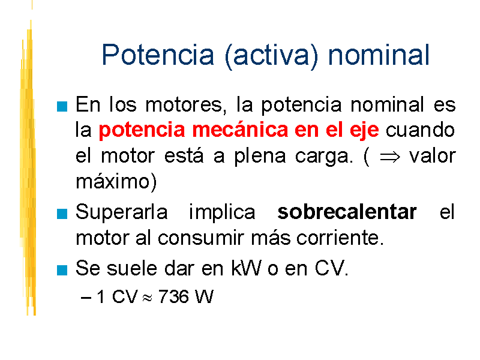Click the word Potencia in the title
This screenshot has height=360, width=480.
pyautogui.click(x=158, y=55)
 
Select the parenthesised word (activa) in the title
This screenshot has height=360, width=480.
pyautogui.click(x=272, y=56)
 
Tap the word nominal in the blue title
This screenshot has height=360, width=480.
pyautogui.click(x=379, y=55)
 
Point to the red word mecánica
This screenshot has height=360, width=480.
pyautogui.click(x=240, y=130)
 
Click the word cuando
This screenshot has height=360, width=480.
pyautogui.click(x=420, y=130)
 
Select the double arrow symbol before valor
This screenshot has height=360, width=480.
pyautogui.click(x=389, y=157)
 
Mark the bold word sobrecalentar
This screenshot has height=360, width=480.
pyautogui.click(x=347, y=212)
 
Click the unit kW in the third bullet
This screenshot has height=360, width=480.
pyautogui.click(x=246, y=268)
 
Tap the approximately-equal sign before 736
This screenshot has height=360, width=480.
pyautogui.click(x=147, y=298)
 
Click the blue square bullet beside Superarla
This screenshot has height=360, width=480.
pyautogui.click(x=62, y=214)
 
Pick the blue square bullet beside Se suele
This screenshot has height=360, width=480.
pyautogui.click(x=62, y=271)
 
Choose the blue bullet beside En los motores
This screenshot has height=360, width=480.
pyautogui.click(x=62, y=107)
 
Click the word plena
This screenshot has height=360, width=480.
pyautogui.click(x=260, y=157)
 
